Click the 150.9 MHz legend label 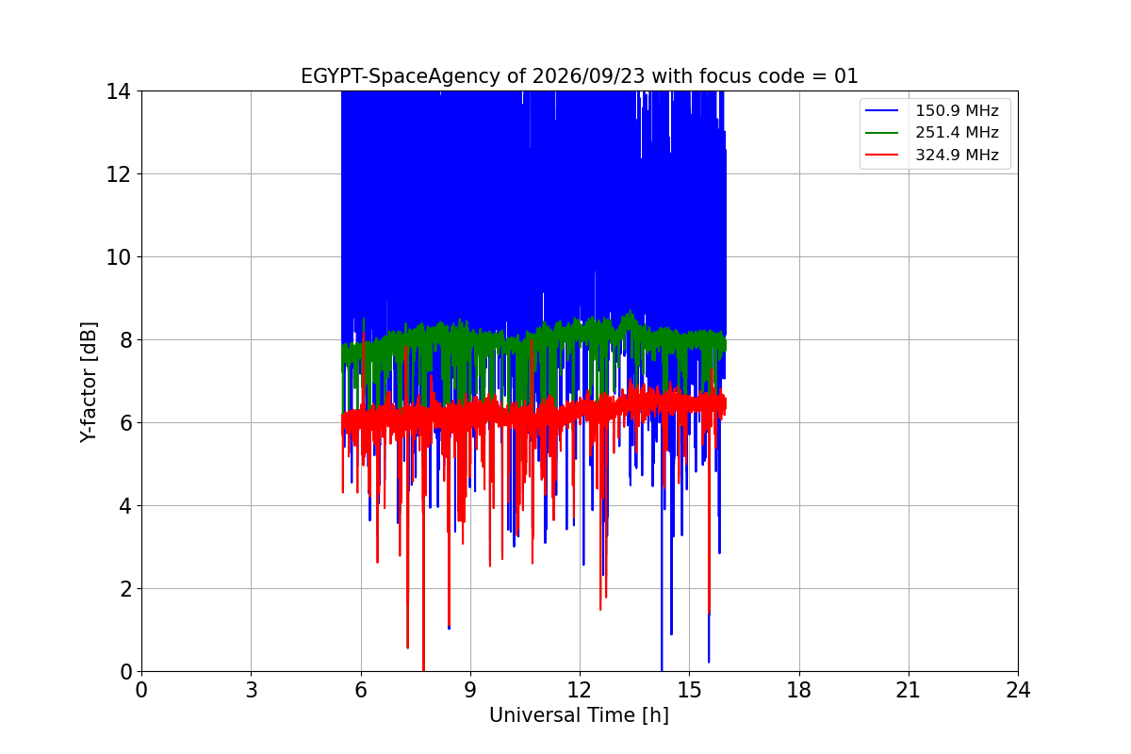point(957,110)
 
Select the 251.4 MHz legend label point(957,132)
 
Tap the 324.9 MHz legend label point(957,155)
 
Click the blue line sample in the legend point(881,110)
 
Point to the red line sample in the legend point(881,155)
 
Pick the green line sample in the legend point(881,133)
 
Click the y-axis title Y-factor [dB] point(89,382)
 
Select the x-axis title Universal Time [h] point(579,715)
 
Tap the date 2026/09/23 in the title point(589,76)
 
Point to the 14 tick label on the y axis point(118,92)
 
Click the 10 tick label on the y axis point(118,257)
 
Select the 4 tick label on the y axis point(124,506)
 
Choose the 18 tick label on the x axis point(799,690)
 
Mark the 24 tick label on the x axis point(1018,690)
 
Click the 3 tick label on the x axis point(252,690)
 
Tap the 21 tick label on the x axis point(909,690)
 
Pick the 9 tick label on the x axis point(470,690)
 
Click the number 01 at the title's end point(845,76)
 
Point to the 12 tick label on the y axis point(118,174)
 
